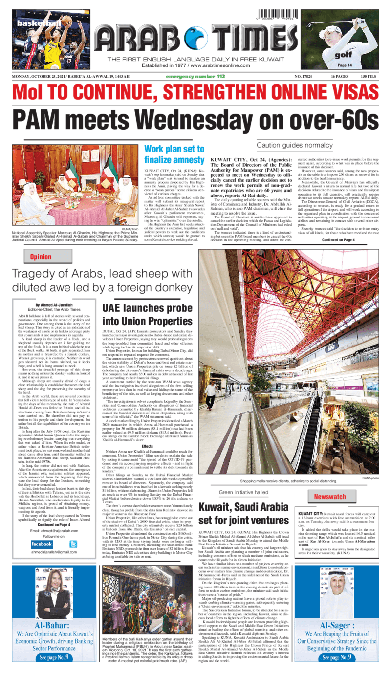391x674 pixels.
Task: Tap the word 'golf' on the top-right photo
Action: (344, 55)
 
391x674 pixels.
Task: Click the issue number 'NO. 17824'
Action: (304, 77)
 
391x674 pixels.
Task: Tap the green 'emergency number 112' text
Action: (195, 77)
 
